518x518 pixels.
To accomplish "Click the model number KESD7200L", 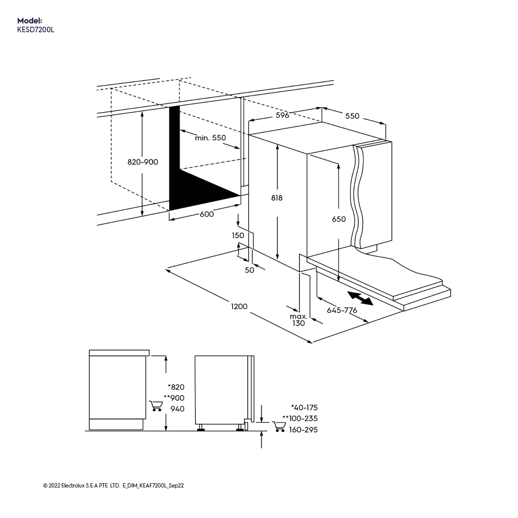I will [36, 30].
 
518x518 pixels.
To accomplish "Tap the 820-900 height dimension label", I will [143, 162].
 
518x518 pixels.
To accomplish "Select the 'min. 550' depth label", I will [210, 138].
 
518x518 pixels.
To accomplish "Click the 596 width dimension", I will [282, 115].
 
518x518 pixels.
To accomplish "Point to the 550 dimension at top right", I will [352, 116].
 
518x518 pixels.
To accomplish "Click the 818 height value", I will [277, 198].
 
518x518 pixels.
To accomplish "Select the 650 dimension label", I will [338, 219].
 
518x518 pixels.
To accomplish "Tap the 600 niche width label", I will [207, 214].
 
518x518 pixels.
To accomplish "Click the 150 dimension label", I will [238, 236].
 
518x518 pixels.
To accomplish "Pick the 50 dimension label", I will [249, 270].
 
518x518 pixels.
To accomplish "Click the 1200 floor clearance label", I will [239, 306].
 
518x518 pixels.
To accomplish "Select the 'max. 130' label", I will [298, 320].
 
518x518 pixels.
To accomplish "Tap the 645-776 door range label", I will [342, 310].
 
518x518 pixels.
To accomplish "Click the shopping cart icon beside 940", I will [155, 406].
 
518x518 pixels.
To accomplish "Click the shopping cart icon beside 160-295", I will [278, 427].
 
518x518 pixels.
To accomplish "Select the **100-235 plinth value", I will [300, 419].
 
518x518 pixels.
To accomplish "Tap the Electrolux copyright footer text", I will [113, 486].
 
